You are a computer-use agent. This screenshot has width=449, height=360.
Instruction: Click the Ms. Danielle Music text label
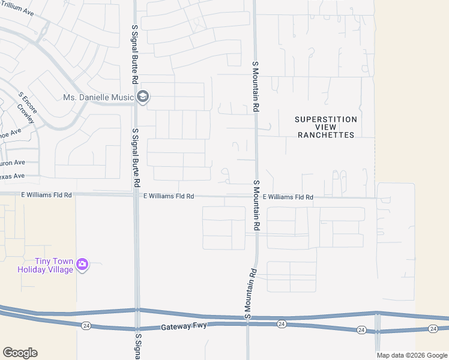[x=98, y=97]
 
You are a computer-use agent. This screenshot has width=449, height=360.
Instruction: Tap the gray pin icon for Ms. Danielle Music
[x=143, y=97]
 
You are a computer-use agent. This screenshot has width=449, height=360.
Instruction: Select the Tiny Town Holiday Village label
[x=45, y=265]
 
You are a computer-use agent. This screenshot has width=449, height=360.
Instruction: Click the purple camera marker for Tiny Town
[x=83, y=264]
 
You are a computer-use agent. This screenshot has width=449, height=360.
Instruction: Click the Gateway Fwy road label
[x=184, y=328]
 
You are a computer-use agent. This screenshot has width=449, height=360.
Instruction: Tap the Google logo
[x=20, y=353]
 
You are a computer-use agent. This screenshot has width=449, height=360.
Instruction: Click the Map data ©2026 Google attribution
[x=411, y=355]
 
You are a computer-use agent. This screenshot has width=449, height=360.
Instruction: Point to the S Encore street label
[x=28, y=103]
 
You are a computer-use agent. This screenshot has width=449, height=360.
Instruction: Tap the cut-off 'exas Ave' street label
[x=11, y=176]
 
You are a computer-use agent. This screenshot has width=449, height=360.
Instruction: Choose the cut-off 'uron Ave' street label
[x=11, y=162]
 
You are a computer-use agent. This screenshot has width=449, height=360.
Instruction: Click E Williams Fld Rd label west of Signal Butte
[x=46, y=195]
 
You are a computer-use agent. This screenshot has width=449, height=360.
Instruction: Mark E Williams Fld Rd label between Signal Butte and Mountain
[x=169, y=196]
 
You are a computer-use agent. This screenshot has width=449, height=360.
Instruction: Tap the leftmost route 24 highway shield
[x=84, y=325]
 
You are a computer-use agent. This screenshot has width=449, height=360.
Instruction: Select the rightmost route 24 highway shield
[x=433, y=329]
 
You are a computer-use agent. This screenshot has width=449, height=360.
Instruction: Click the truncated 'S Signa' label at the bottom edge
[x=137, y=347]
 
